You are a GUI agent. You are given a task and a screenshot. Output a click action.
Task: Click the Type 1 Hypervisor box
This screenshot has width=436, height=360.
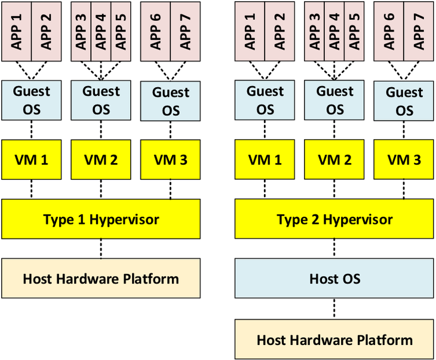101,219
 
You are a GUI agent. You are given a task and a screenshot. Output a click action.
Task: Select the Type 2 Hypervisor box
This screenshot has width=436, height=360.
334,219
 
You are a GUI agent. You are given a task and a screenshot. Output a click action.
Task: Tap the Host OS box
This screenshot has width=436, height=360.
334,278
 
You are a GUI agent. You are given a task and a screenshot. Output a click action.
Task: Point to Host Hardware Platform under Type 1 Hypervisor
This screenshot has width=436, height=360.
101,278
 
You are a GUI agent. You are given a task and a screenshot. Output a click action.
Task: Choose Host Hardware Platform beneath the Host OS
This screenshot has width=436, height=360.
334,340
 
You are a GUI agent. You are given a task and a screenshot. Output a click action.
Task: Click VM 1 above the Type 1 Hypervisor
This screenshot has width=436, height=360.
31,159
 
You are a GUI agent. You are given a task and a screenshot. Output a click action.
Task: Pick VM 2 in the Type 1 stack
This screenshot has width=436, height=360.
101,159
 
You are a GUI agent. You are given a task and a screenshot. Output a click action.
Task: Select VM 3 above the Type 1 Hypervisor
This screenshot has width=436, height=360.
170,159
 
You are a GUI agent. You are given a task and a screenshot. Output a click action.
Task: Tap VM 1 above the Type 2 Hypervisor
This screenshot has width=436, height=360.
265,159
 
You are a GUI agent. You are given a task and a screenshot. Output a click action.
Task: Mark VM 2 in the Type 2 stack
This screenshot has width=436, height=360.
334,159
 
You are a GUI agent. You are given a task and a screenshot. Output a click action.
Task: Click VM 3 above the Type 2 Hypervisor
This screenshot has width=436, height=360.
404,159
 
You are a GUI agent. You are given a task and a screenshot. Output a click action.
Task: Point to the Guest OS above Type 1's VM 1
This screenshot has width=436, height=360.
31,100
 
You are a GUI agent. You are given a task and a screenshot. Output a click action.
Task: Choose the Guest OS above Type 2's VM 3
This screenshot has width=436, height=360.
404,101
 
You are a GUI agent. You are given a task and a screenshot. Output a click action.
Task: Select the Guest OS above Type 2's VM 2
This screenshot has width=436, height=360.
334,100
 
